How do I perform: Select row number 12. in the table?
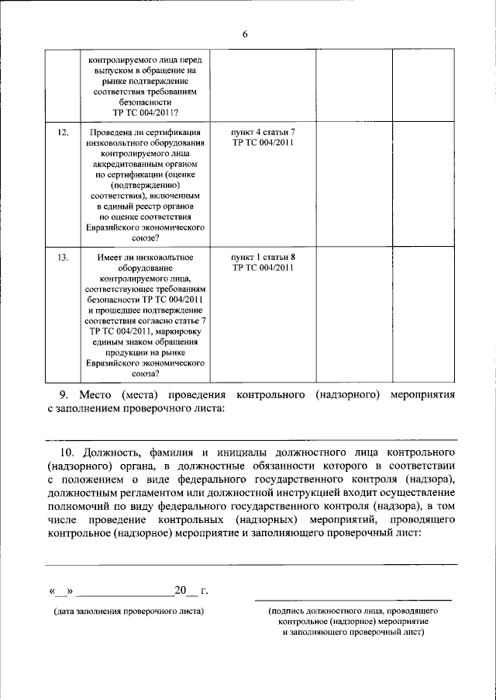pos(64,133)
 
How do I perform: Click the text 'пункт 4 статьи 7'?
pos(263,133)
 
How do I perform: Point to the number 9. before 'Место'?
pos(65,394)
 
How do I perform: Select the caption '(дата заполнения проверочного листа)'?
pos(129,612)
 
